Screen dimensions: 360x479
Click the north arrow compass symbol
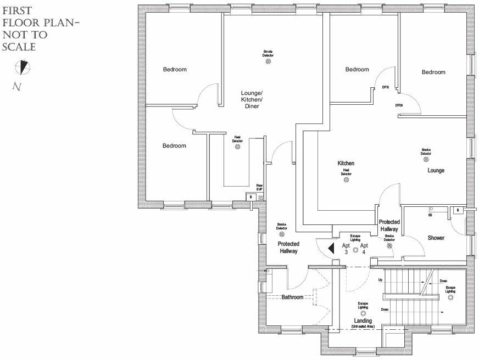[x=23, y=67]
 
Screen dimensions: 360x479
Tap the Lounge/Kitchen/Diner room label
[x=252, y=99]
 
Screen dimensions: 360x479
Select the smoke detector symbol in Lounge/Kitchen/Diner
[x=268, y=61]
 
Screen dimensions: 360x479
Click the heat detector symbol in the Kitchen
[x=346, y=179]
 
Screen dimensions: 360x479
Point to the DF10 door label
[x=386, y=87]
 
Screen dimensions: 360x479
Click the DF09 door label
[x=399, y=105]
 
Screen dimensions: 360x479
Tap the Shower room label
[x=436, y=238]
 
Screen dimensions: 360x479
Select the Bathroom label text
[x=293, y=297]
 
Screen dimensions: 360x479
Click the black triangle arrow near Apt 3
[x=331, y=248]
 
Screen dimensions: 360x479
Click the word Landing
[x=363, y=320]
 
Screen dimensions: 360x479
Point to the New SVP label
[x=259, y=188]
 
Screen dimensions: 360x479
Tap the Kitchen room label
[x=346, y=164]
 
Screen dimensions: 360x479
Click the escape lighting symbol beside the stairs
[x=450, y=296]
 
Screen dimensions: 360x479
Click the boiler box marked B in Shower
[x=458, y=210]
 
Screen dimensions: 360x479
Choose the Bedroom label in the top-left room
[x=175, y=70]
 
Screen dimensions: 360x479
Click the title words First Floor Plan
[x=25, y=17]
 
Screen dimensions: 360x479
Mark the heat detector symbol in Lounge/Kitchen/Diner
[x=238, y=147]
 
